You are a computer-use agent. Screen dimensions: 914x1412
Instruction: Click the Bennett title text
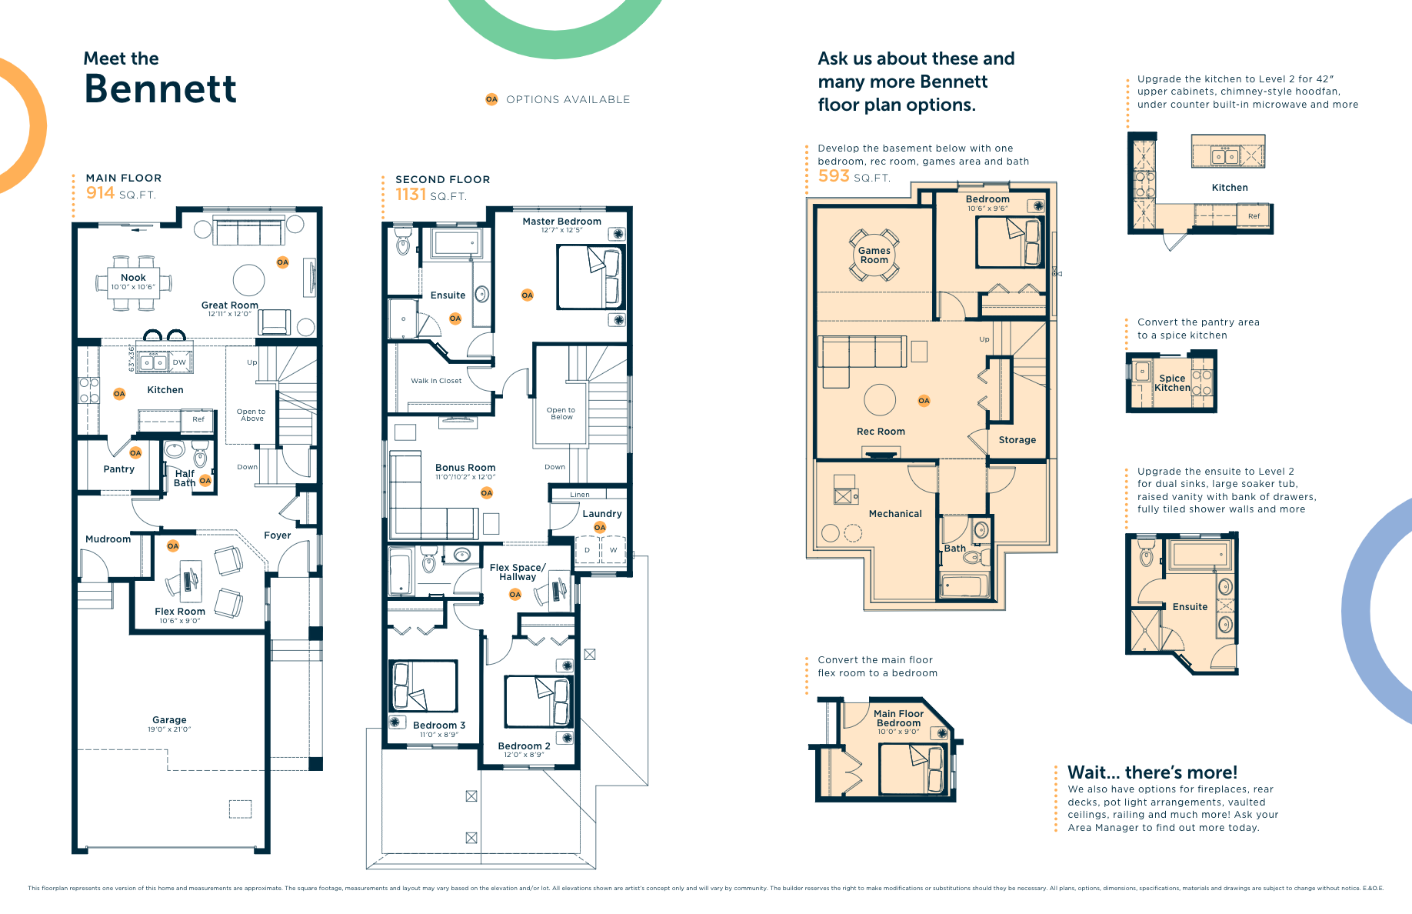(160, 88)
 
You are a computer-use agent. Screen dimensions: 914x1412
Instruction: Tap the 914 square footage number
(100, 193)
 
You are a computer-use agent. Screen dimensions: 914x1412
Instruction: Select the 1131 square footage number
(411, 195)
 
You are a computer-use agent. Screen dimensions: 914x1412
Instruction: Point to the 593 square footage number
(834, 176)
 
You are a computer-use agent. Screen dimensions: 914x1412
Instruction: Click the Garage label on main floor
(169, 720)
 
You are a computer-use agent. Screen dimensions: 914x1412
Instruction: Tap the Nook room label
(133, 278)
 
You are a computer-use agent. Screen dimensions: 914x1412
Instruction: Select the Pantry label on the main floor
(119, 469)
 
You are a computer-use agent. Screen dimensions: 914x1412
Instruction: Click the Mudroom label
(108, 539)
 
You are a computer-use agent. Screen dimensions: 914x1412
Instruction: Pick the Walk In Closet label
(436, 381)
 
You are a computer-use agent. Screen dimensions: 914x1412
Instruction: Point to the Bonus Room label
(465, 468)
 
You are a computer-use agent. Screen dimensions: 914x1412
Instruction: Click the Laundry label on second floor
(602, 514)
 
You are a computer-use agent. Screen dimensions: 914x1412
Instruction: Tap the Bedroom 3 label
(439, 726)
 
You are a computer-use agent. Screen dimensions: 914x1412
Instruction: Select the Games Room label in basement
(874, 255)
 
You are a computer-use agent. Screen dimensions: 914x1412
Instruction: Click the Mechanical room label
(895, 514)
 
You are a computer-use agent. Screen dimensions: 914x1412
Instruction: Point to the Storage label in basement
(1017, 440)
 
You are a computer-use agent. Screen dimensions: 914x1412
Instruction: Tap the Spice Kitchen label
(1172, 383)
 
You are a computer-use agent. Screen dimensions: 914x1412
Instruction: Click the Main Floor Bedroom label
(898, 719)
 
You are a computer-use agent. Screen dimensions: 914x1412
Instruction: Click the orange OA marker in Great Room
(282, 262)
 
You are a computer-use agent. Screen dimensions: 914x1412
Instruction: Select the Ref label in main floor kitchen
(198, 419)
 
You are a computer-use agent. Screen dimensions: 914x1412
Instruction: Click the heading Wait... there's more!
(1152, 772)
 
